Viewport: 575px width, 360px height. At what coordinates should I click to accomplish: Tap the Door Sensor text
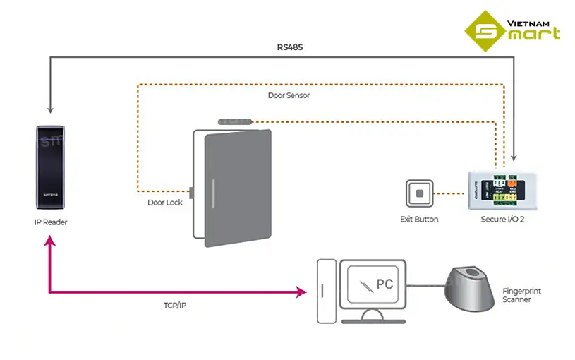pyautogui.click(x=289, y=95)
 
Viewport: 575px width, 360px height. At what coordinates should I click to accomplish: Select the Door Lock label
pyautogui.click(x=165, y=203)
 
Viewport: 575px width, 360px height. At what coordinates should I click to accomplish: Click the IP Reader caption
pyautogui.click(x=51, y=222)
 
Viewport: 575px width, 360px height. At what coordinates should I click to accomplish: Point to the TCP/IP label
pyautogui.click(x=175, y=306)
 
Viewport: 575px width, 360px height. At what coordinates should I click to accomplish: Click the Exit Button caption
pyautogui.click(x=419, y=220)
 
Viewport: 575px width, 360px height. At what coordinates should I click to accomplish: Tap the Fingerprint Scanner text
pyautogui.click(x=521, y=295)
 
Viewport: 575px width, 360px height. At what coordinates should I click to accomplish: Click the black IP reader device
pyautogui.click(x=52, y=167)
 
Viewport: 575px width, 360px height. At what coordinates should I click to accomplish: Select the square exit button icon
pyautogui.click(x=419, y=193)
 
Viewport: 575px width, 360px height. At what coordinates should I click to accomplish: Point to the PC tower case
pyautogui.click(x=325, y=290)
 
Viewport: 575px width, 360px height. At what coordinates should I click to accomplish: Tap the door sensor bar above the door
pyautogui.click(x=235, y=123)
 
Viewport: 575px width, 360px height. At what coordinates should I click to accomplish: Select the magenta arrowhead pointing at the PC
pyautogui.click(x=303, y=292)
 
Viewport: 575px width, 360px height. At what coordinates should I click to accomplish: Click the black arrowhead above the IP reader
pyautogui.click(x=49, y=109)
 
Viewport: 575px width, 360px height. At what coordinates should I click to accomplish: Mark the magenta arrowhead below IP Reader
pyautogui.click(x=49, y=241)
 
